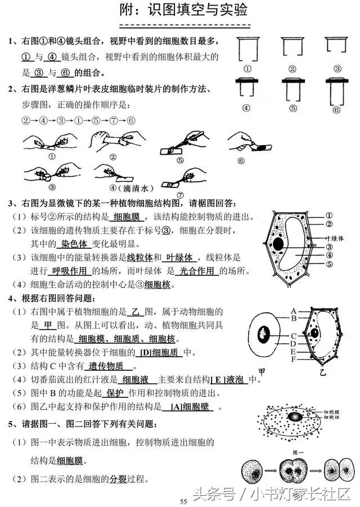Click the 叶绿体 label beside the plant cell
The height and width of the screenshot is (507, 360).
[333, 238]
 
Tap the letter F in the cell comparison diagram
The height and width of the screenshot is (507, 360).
[294, 358]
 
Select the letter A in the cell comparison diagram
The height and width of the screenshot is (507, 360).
[294, 311]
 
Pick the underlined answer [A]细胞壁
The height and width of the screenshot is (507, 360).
[190, 407]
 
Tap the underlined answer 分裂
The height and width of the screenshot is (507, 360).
[118, 479]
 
